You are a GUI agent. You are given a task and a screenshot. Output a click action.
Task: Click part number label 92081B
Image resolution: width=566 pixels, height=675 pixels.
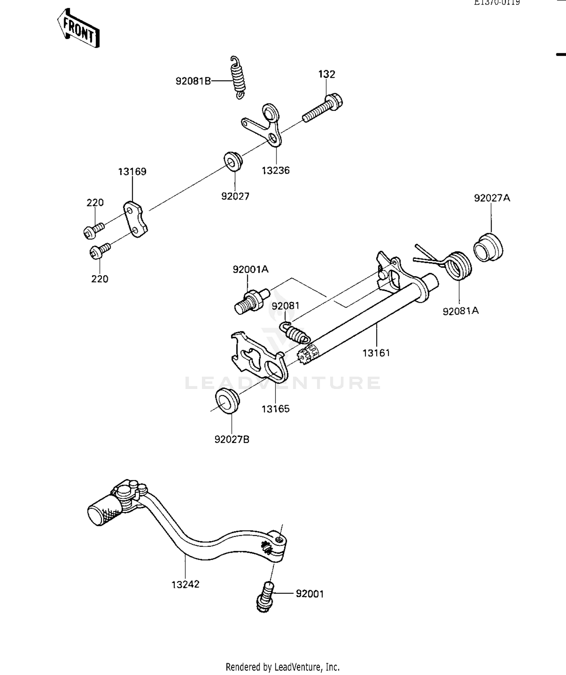coord(193,81)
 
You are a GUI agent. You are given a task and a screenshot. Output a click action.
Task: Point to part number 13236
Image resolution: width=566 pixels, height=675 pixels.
coord(276,171)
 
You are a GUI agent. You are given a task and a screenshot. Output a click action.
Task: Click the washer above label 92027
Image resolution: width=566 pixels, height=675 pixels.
coord(233,160)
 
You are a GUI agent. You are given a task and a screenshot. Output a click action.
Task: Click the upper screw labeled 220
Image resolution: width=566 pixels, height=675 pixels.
coord(93,230)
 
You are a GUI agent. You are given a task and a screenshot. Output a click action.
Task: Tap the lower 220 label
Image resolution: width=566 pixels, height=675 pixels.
coord(100,279)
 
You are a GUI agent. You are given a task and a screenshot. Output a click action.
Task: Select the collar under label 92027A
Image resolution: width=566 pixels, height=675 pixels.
coord(488,248)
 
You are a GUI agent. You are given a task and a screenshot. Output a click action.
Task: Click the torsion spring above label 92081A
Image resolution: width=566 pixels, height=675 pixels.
coord(457,265)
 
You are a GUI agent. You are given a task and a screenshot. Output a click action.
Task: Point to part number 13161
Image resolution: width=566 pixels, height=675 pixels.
coord(376,353)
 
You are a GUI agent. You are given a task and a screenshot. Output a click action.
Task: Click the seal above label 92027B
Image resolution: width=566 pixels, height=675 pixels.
coord(227,401)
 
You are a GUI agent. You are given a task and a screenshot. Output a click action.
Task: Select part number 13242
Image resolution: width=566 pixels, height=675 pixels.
coord(185,584)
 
